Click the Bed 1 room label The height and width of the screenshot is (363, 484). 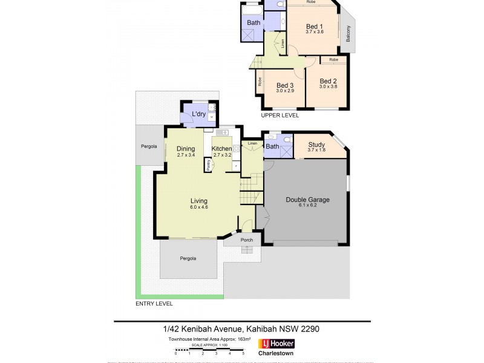click(315, 26)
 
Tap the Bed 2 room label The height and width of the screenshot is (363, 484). click(328, 81)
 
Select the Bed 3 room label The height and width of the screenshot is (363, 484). click(284, 85)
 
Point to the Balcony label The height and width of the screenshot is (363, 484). click(348, 36)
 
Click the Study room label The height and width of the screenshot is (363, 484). click(316, 145)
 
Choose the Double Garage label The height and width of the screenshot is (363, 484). click(307, 199)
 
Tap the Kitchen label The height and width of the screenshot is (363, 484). click(221, 149)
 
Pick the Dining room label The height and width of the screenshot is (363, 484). click(185, 149)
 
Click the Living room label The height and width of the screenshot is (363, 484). click(199, 201)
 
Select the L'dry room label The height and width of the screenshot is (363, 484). click(199, 114)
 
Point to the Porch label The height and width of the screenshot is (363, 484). click(246, 240)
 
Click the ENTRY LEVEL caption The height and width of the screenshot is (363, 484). click(155, 303)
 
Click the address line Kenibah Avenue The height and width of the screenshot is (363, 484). click(242, 329)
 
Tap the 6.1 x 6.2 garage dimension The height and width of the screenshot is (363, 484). click(307, 206)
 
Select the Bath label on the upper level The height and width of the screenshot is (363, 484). click(253, 23)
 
